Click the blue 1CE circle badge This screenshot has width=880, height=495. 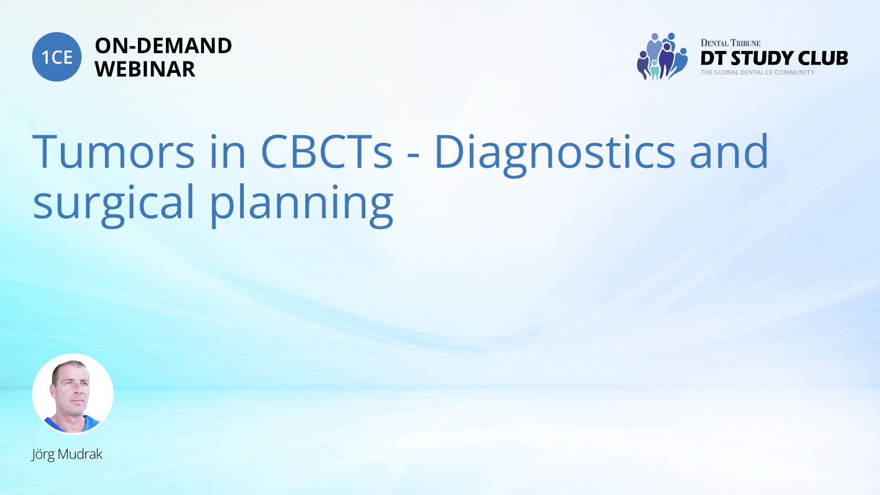pyautogui.click(x=57, y=57)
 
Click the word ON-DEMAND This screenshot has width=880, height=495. pyautogui.click(x=163, y=46)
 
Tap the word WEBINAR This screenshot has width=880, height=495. pyautogui.click(x=145, y=69)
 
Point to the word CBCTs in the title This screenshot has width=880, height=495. pyautogui.click(x=326, y=152)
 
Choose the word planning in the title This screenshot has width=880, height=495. pyautogui.click(x=302, y=204)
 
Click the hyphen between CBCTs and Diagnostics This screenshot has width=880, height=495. pyautogui.click(x=413, y=156)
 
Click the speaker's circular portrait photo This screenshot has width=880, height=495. pyautogui.click(x=73, y=394)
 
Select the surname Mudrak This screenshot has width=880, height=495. pyautogui.click(x=80, y=454)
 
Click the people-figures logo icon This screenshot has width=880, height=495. pyautogui.click(x=662, y=57)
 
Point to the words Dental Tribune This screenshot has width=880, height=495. pyautogui.click(x=730, y=43)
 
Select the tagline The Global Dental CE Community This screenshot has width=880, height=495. pyautogui.click(x=757, y=72)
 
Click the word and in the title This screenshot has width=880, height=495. pyautogui.click(x=729, y=151)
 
